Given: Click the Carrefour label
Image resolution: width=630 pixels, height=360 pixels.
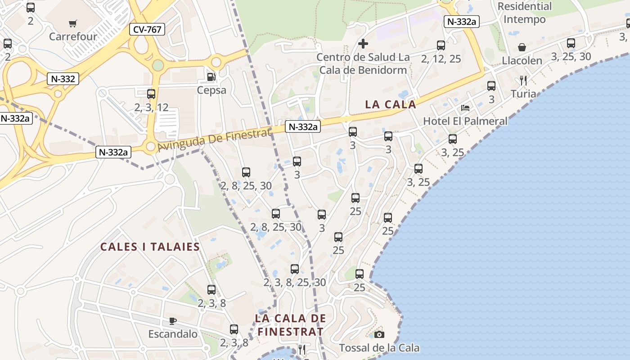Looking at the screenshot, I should pos(73,36).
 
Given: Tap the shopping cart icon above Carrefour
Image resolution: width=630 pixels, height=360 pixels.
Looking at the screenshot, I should pos(73,23).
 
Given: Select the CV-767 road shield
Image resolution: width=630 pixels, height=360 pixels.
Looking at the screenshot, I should pos(147,30).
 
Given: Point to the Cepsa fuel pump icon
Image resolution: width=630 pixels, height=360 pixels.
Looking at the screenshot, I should pos(211,77).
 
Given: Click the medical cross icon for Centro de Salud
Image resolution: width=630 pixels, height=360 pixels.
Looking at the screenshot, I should pos(363,44).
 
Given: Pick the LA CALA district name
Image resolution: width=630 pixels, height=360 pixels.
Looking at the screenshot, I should pos(391,104).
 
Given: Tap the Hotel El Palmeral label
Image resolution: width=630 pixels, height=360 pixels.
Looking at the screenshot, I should pos(465,121).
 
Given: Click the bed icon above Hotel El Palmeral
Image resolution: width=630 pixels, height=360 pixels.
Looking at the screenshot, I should pos(465,108).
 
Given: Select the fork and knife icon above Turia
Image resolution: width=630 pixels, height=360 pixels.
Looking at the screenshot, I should pos(523,81).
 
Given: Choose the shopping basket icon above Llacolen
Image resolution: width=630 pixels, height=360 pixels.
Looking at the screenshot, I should pos(522,47).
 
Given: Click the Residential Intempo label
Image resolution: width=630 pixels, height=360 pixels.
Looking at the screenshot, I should pos(525,13).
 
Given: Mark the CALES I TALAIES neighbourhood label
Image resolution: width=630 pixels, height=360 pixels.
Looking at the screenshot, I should pos(150,247).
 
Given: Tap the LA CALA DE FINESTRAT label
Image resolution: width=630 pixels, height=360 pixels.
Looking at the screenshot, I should pos(290,325).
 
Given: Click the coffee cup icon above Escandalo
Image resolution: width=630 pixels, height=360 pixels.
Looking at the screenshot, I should pos(172,321).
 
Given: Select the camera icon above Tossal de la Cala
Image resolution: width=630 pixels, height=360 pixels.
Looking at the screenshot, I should pos(379,334).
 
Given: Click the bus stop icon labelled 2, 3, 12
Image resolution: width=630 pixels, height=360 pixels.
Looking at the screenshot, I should pos(151,94).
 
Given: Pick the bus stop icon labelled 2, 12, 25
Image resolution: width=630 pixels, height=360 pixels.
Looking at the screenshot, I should pos(441,45).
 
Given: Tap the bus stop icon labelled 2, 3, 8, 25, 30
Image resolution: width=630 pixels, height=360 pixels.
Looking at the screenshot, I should pos(295,269).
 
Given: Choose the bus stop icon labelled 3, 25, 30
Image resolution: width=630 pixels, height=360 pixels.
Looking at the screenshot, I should pos(571,43).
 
